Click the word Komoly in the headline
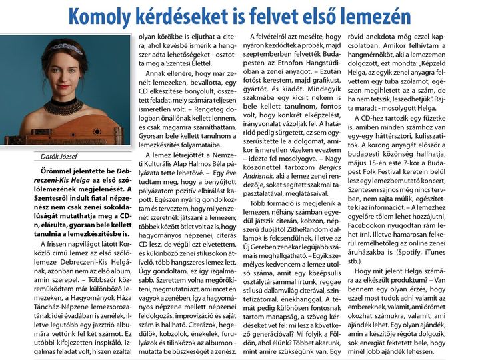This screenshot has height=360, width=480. pyautogui.click(x=98, y=15)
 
